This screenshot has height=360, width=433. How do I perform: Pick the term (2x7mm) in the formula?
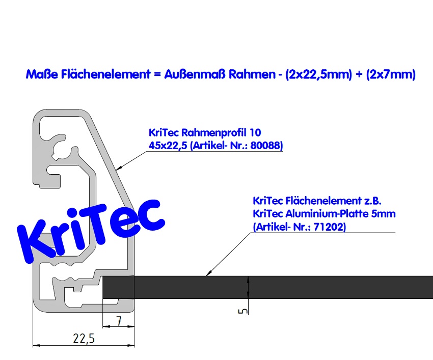390,74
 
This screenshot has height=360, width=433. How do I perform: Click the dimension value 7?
118,321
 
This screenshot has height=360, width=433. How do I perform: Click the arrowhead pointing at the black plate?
208,273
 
